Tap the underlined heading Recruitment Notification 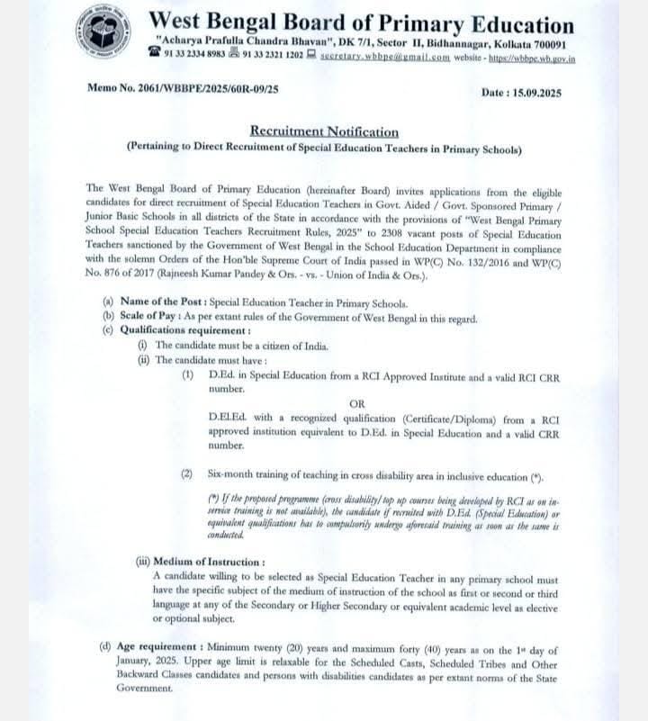[x=324, y=131]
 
